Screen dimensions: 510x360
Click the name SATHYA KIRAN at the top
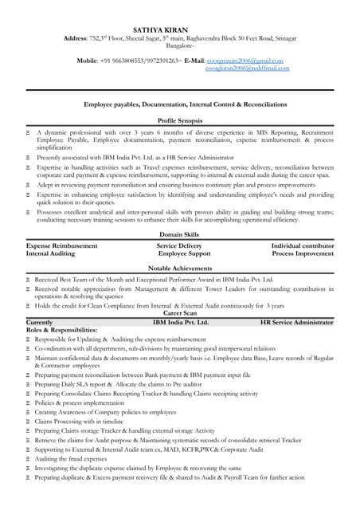[x=179, y=29]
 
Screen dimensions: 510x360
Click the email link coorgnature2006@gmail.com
[x=246, y=60]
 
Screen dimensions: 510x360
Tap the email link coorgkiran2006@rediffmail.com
[x=247, y=69]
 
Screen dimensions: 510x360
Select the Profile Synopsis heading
[x=179, y=119]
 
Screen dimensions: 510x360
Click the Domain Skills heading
[x=179, y=236]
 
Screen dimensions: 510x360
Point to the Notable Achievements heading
[x=179, y=269]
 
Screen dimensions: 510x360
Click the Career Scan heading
[x=179, y=314]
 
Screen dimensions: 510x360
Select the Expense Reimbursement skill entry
[x=62, y=245]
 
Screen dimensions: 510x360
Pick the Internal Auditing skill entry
[x=51, y=253]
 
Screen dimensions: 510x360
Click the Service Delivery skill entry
[x=179, y=245]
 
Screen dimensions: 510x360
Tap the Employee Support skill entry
[x=183, y=253]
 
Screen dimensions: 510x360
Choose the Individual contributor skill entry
[x=302, y=245]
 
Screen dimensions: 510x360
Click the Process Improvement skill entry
[x=303, y=253]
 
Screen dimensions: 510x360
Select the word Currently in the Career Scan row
[x=39, y=322]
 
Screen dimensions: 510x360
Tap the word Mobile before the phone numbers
[x=92, y=60]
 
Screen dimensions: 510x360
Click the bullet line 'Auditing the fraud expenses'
[x=71, y=459]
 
